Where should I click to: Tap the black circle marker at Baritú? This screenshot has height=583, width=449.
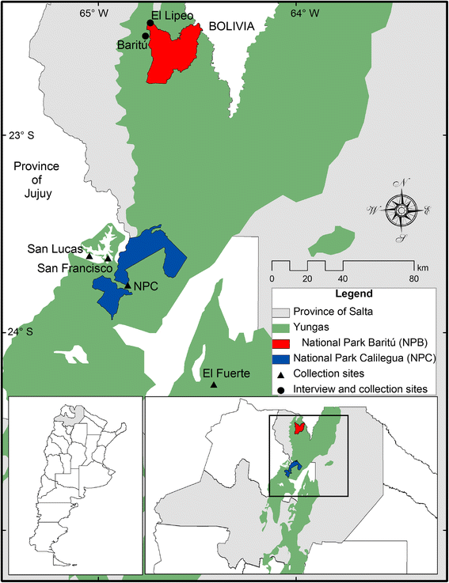tap(145, 36)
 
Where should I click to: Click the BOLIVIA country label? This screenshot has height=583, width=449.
tap(231, 26)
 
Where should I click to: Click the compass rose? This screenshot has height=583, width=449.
tap(404, 210)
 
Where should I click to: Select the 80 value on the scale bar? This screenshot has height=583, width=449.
tap(413, 278)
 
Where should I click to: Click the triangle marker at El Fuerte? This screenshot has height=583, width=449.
tap(213, 384)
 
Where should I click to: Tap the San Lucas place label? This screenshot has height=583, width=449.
tap(50, 249)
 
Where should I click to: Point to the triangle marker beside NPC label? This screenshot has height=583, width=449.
tap(127, 286)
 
